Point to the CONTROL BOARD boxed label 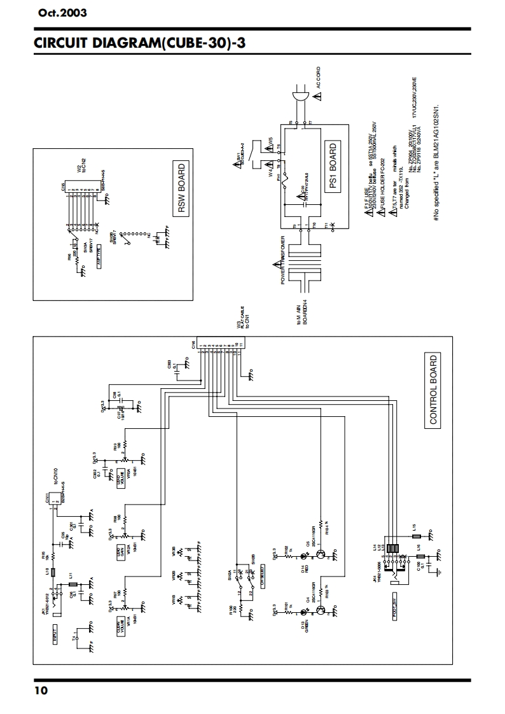point(433,389)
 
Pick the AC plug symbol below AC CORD point(299,97)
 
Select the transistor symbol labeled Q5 point(322,553)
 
